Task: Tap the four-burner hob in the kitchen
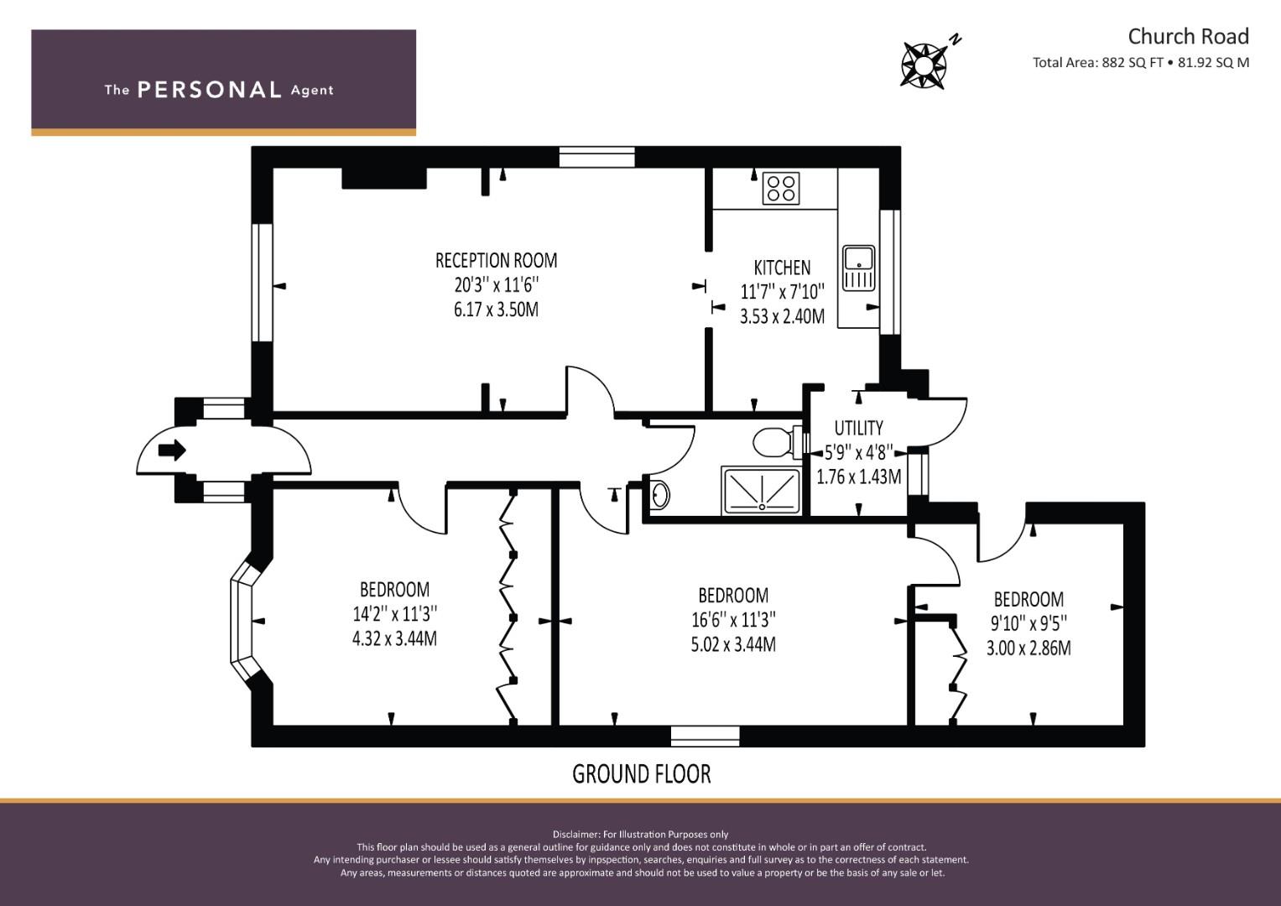click(x=781, y=188)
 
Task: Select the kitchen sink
click(x=858, y=268)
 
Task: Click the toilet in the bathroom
click(x=778, y=442)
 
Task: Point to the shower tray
click(x=762, y=491)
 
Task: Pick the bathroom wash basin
click(x=660, y=494)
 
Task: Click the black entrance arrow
click(x=172, y=450)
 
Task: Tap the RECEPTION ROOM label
click(x=496, y=261)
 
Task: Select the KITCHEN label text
click(x=782, y=268)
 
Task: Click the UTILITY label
click(x=858, y=428)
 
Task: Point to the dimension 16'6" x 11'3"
click(x=733, y=619)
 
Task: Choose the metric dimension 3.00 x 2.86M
click(x=1028, y=648)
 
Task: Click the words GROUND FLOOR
click(x=642, y=773)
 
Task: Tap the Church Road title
click(x=1189, y=37)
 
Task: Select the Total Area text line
click(x=1141, y=62)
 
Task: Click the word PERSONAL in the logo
click(x=210, y=90)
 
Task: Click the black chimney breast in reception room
click(x=384, y=178)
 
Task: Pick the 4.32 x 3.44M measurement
click(x=394, y=638)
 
